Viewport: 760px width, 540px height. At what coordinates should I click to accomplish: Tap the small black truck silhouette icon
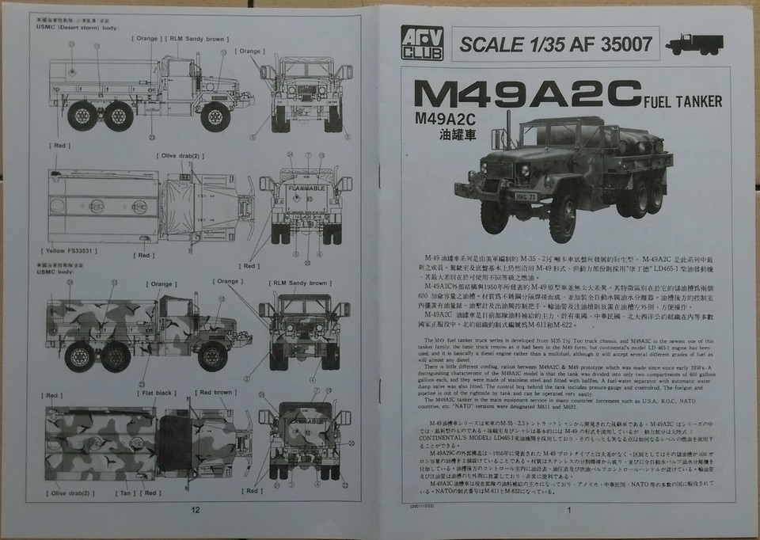[x=690, y=44]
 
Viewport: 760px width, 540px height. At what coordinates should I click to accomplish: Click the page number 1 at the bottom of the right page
[x=568, y=510]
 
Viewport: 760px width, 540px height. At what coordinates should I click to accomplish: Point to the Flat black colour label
[x=157, y=391]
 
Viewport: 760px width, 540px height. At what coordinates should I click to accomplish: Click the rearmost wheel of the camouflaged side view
[x=79, y=352]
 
